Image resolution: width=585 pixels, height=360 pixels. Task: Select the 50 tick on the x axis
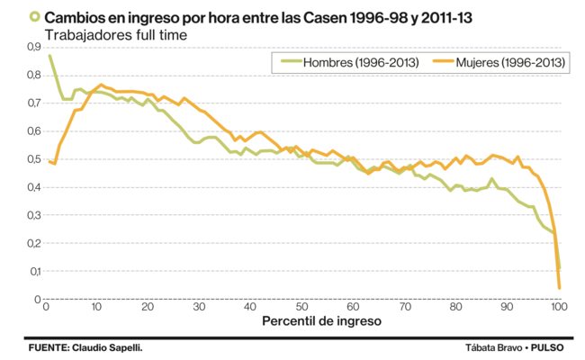tap(301, 308)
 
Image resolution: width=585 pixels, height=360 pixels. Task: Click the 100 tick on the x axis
tap(558, 308)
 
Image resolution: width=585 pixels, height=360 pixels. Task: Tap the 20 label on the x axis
tap(148, 308)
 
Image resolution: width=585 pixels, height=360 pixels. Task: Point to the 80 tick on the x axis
tap(455, 308)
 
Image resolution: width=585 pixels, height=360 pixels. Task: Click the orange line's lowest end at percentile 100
tap(559, 287)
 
